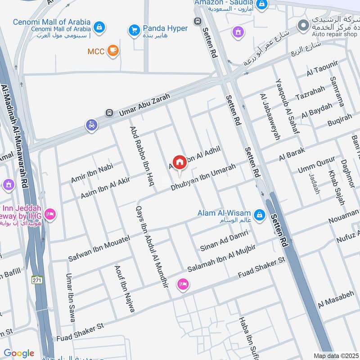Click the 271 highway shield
pyautogui.click(x=37, y=280)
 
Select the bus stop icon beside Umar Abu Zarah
pyautogui.click(x=108, y=112)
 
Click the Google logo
pyautogui.click(x=18, y=354)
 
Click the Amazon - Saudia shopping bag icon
pyautogui.click(x=261, y=5)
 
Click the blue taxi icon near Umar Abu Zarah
pyautogui.click(x=92, y=126)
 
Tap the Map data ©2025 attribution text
pyautogui.click(x=335, y=355)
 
